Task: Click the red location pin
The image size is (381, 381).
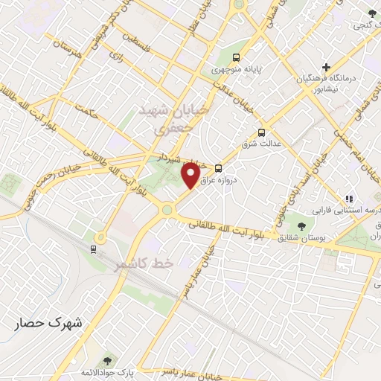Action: [x=191, y=176]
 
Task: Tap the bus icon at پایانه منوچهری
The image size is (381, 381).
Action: [x=236, y=57]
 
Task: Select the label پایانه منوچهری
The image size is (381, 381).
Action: [x=236, y=70]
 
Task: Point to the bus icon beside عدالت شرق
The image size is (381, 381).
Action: [x=260, y=133]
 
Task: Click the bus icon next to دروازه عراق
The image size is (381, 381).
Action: [x=219, y=168]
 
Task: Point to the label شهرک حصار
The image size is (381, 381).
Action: [x=51, y=325]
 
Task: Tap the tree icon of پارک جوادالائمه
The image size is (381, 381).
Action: [x=109, y=360]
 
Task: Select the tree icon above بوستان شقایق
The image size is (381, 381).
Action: [x=302, y=225]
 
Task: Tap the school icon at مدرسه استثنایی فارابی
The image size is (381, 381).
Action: [x=348, y=199]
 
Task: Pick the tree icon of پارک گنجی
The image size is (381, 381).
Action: [x=373, y=13]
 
